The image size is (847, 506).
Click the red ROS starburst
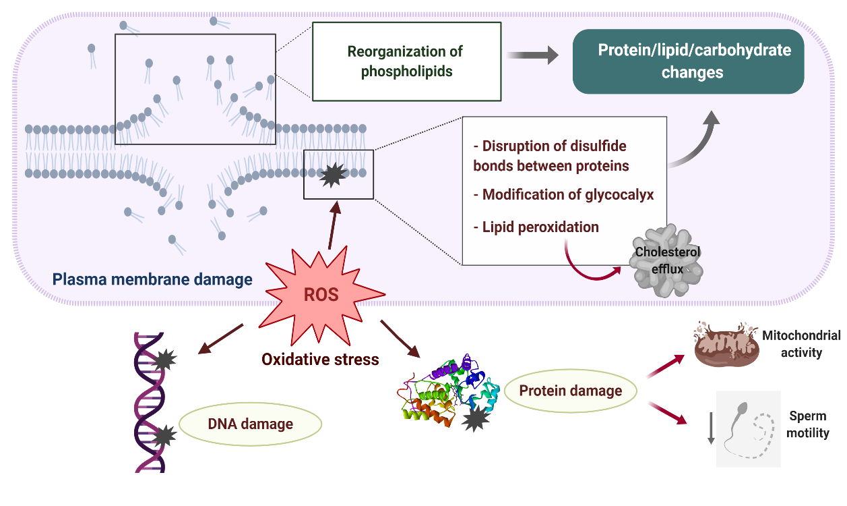[x=321, y=296]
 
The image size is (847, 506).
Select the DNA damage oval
[x=250, y=424]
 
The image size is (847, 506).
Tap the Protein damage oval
[x=571, y=391]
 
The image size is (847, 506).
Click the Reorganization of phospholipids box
[x=407, y=61]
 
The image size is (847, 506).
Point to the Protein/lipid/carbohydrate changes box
[x=688, y=61]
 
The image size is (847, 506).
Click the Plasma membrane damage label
[x=152, y=279]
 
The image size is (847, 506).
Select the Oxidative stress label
[x=320, y=360]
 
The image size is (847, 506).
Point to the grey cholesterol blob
[x=666, y=260]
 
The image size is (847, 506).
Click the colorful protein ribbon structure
[x=449, y=391]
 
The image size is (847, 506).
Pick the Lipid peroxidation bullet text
[x=536, y=227]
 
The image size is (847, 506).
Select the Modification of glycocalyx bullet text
[x=563, y=194]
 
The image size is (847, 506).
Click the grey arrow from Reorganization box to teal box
[x=532, y=55]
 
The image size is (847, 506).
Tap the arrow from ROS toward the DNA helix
[x=221, y=339]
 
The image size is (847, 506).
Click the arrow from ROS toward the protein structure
[x=400, y=339]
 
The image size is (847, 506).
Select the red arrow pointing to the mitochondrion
[x=666, y=366]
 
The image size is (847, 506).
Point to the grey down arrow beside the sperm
[x=711, y=428]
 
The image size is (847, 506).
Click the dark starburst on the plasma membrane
[x=333, y=175]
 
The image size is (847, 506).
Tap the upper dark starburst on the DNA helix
[x=165, y=360]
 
